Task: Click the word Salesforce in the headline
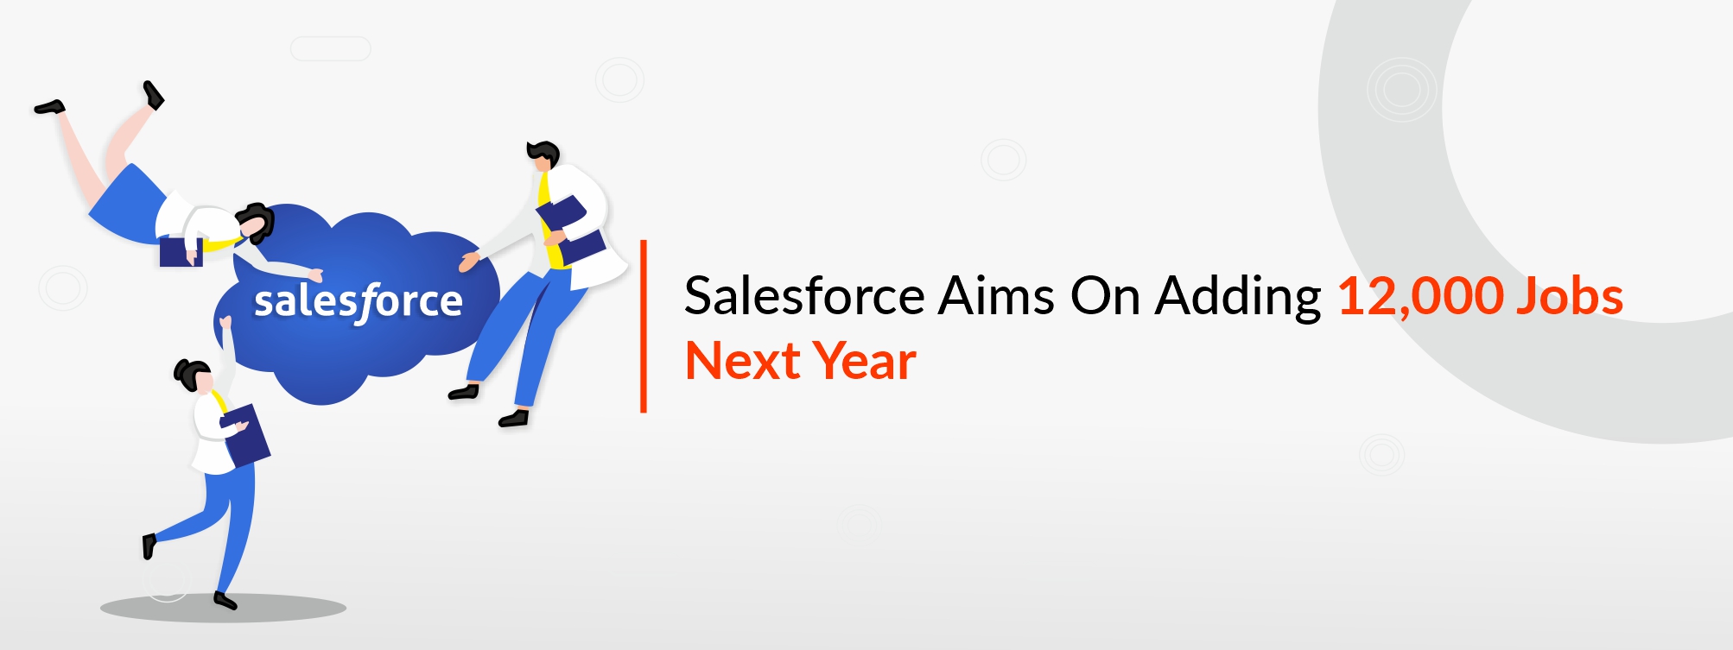click(x=804, y=296)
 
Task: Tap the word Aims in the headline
click(x=996, y=296)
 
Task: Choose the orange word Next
click(x=742, y=361)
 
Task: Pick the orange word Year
click(x=865, y=361)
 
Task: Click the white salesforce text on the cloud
click(x=358, y=302)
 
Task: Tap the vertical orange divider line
click(x=644, y=326)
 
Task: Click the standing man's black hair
click(x=543, y=153)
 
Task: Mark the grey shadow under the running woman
click(x=223, y=608)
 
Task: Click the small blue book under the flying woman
click(x=181, y=251)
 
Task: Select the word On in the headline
click(x=1105, y=296)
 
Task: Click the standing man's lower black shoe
click(x=513, y=420)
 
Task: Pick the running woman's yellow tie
click(x=219, y=401)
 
